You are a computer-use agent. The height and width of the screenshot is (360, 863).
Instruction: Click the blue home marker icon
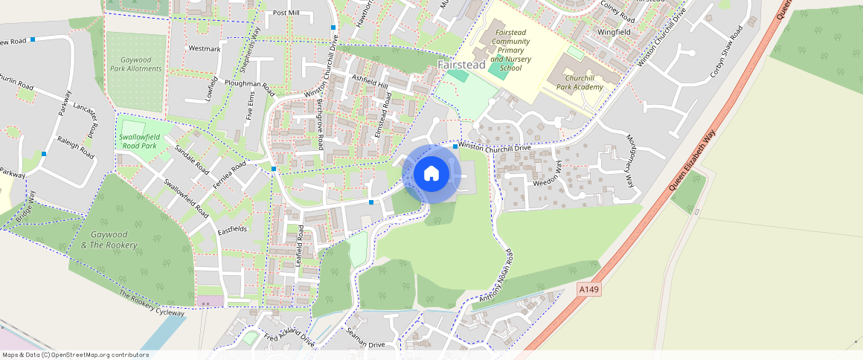[431, 174]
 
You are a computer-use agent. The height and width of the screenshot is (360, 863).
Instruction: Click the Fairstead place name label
[461, 65]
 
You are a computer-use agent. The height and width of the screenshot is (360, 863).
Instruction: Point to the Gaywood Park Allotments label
[135, 64]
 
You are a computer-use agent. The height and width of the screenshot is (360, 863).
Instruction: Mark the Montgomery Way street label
[629, 161]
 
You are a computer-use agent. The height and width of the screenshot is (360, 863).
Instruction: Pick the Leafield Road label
[300, 246]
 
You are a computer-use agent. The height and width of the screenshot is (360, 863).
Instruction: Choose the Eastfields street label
[232, 230]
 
